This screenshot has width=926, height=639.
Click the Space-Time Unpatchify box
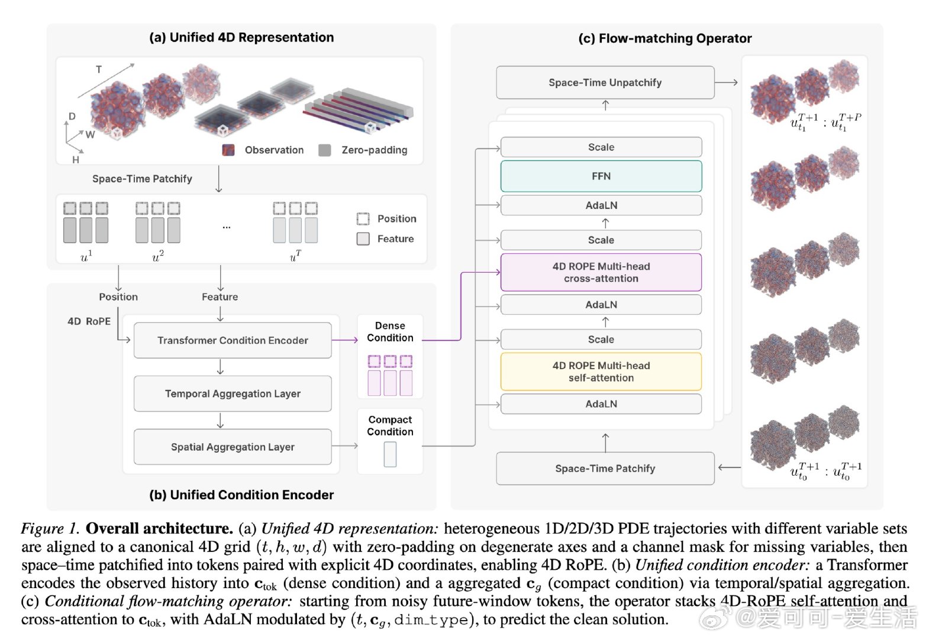605,83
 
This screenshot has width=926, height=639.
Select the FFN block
601,176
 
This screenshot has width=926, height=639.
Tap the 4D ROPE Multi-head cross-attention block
601,272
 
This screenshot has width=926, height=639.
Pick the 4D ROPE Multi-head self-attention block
601,372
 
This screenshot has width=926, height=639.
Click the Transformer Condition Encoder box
233,340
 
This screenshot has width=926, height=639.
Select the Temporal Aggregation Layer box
233,393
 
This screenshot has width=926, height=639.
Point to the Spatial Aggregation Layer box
233,447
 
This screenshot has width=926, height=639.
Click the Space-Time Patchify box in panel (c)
605,468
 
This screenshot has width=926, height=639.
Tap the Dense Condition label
390,331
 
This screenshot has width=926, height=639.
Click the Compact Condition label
390,425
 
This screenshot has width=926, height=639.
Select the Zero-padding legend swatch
324,150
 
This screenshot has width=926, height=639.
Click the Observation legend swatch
228,150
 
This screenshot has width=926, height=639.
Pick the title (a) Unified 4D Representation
241,37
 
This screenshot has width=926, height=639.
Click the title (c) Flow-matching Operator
664,38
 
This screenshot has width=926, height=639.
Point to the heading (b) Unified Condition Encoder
241,495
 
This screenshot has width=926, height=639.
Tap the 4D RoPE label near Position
89,321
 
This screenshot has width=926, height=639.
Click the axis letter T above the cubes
99,69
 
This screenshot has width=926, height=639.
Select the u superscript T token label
295,256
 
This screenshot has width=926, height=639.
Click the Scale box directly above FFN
601,147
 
